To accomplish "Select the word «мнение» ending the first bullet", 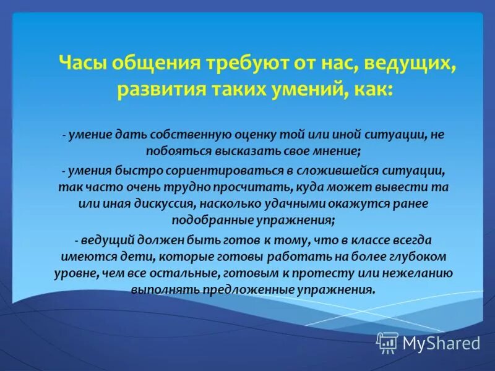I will coord(339,151).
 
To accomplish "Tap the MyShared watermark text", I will coord(441,343).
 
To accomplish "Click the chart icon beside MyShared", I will coord(387,343).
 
